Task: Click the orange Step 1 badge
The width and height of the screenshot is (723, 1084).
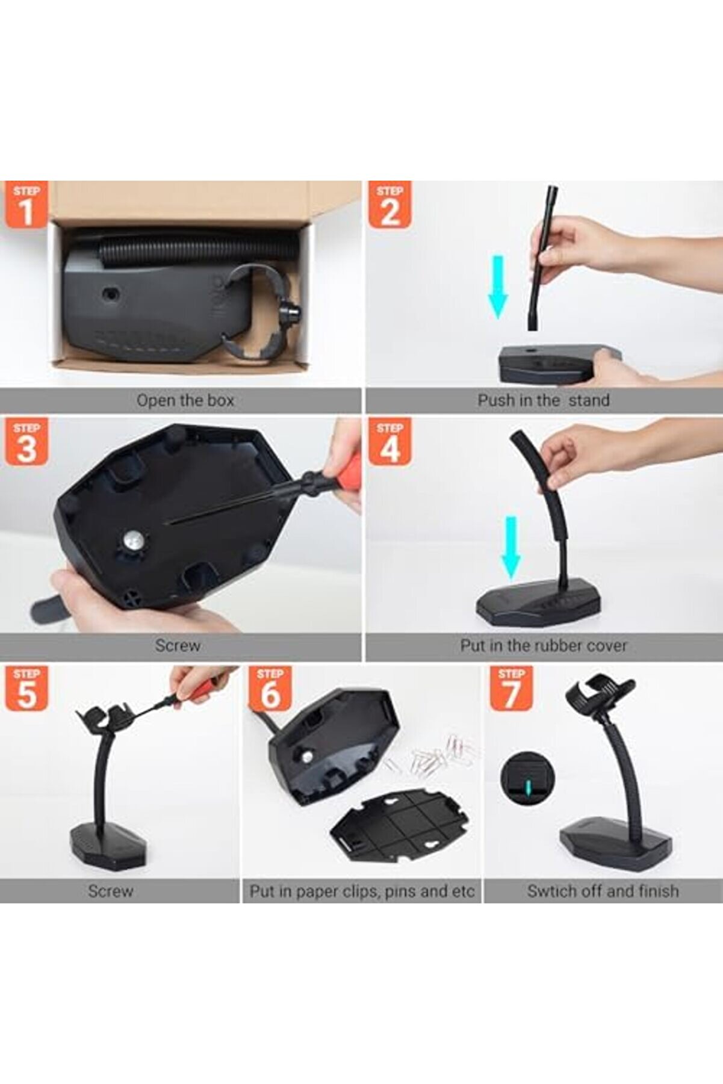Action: pyautogui.click(x=26, y=205)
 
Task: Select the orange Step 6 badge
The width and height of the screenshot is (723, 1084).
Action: pyautogui.click(x=270, y=688)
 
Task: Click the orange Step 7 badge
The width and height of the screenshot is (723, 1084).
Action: pyautogui.click(x=511, y=688)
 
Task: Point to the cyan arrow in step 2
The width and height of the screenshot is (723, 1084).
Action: pyautogui.click(x=498, y=286)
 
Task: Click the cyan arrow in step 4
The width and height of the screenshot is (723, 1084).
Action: pyautogui.click(x=511, y=547)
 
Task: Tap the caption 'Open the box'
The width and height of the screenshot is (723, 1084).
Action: pyautogui.click(x=185, y=400)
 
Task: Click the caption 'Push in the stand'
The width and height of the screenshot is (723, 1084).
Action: pyautogui.click(x=544, y=400)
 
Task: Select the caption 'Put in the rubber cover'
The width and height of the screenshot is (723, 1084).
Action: pyautogui.click(x=544, y=646)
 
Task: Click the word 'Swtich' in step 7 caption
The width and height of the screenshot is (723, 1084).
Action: pyautogui.click(x=550, y=891)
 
